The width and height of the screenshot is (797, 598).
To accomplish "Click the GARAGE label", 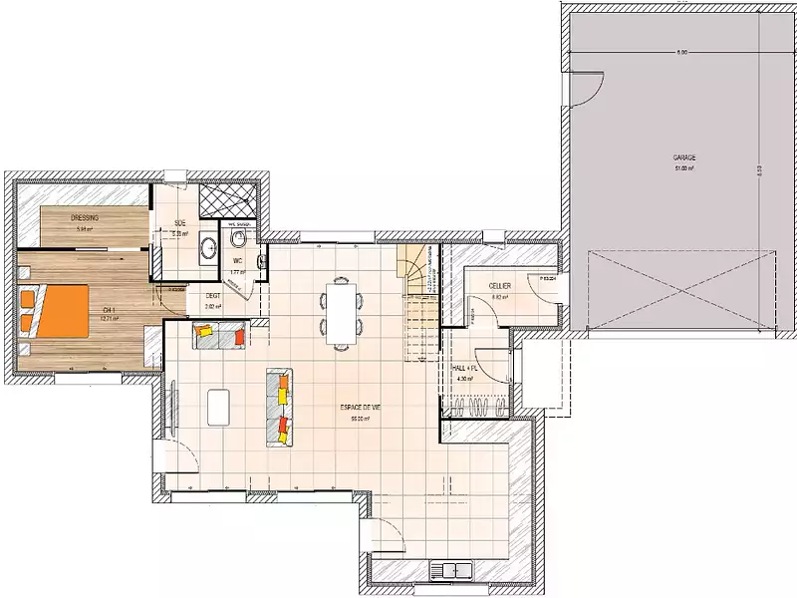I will pyautogui.click(x=683, y=157).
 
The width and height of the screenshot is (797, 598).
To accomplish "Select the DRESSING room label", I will pyautogui.click(x=84, y=217).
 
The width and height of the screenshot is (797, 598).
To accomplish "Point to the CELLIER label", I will pyautogui.click(x=500, y=286).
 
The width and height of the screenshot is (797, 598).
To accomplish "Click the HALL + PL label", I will pyautogui.click(x=466, y=369).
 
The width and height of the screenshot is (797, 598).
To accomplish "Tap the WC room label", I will pyautogui.click(x=237, y=260).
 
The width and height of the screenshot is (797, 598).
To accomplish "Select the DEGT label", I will pyautogui.click(x=212, y=296).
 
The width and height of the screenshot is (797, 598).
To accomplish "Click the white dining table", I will pyautogui.click(x=342, y=311).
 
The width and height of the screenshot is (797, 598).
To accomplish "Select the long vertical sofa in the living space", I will pyautogui.click(x=280, y=407).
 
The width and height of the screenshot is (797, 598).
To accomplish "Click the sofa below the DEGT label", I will pyautogui.click(x=219, y=335).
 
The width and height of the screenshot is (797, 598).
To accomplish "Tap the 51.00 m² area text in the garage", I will pyautogui.click(x=683, y=168).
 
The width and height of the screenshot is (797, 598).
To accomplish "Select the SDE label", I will pyautogui.click(x=180, y=223).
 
